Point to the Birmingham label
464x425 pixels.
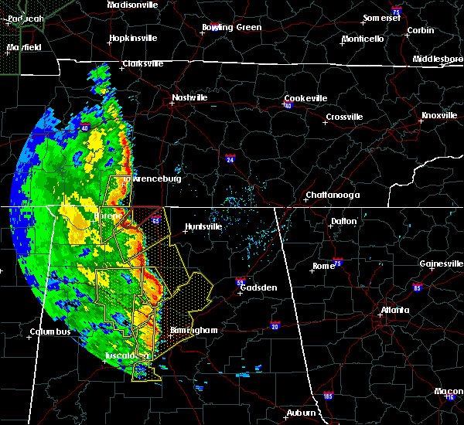193,330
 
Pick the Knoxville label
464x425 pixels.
438,115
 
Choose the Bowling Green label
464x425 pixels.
232,27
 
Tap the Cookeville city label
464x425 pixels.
305,98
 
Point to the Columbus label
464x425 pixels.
50,332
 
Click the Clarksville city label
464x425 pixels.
143,63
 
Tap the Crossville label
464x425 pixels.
344,117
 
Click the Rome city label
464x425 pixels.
323,266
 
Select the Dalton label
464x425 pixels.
344,221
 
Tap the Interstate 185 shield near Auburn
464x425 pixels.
329,396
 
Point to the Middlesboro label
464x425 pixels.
437,59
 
